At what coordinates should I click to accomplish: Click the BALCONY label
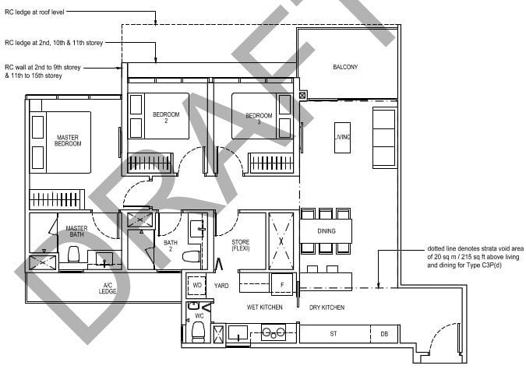tap(345, 68)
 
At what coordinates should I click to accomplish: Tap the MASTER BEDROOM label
tap(68, 141)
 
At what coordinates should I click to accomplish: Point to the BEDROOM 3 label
tap(259, 118)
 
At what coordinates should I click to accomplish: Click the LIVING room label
tap(342, 138)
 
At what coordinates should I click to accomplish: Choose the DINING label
tap(327, 231)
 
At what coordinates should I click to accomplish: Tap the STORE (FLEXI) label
tap(240, 247)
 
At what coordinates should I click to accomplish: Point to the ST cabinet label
tap(333, 334)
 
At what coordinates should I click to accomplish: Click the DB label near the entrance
tap(383, 334)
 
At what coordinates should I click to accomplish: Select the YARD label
tap(221, 286)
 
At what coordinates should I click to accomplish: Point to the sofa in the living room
tap(384, 138)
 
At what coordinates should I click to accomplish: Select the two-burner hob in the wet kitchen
tap(274, 333)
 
